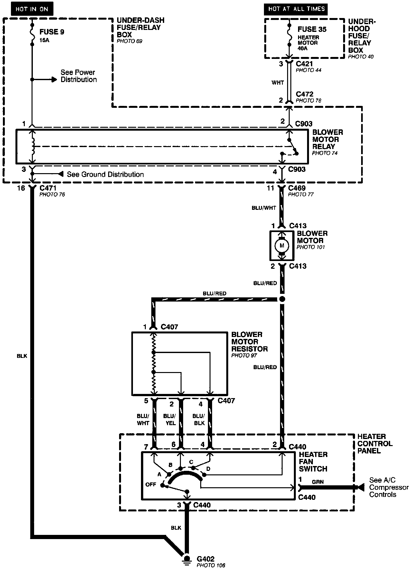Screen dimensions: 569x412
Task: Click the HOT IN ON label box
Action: [x=32, y=9]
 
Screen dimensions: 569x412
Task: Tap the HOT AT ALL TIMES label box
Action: [x=296, y=9]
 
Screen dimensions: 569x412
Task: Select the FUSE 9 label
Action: [x=52, y=32]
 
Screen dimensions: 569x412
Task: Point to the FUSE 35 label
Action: [x=312, y=29]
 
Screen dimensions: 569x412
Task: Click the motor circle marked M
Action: [x=282, y=246]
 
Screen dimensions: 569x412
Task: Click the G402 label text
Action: [x=206, y=559]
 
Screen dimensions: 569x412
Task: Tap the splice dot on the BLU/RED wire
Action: [x=282, y=299]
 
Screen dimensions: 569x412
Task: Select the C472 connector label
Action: [x=304, y=94]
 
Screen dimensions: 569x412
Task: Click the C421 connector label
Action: [x=304, y=64]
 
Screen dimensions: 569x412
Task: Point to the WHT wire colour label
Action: [x=277, y=83]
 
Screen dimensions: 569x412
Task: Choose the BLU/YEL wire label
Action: [x=170, y=420]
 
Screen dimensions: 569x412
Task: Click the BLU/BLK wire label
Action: [x=199, y=420]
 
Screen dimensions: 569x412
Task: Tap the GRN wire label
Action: [x=318, y=482]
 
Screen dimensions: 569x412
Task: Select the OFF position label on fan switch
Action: [x=151, y=484]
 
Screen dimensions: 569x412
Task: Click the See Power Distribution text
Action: [x=79, y=76]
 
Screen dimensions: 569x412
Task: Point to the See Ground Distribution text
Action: [x=105, y=174]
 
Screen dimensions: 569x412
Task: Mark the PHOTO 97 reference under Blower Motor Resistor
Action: [x=244, y=356]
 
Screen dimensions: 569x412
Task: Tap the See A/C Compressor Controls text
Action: [x=388, y=487]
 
